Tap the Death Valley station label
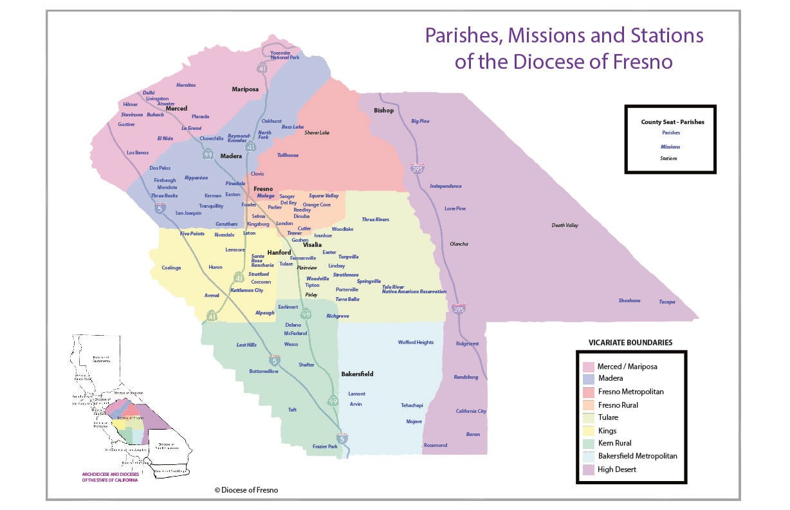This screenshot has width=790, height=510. pyautogui.click(x=565, y=225)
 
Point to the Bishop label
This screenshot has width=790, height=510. pyautogui.click(x=383, y=111)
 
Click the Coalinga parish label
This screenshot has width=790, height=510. pyautogui.click(x=171, y=268)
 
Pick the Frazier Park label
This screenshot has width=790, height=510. pyautogui.click(x=324, y=446)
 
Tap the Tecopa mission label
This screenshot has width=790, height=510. pyautogui.click(x=667, y=302)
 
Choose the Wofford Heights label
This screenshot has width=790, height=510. pyautogui.click(x=416, y=342)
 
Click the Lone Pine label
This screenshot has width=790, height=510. pyautogui.click(x=455, y=208)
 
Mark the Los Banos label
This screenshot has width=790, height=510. pyautogui.click(x=138, y=152)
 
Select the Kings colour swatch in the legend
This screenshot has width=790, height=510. pyautogui.click(x=588, y=431)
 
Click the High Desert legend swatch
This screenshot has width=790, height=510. pyautogui.click(x=588, y=469)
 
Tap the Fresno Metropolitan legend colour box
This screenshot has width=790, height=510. pyautogui.click(x=588, y=392)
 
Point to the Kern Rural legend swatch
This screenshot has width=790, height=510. pyautogui.click(x=588, y=444)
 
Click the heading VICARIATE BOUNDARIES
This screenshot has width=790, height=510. pyautogui.click(x=630, y=343)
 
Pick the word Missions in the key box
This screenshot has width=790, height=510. pyautogui.click(x=670, y=146)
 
